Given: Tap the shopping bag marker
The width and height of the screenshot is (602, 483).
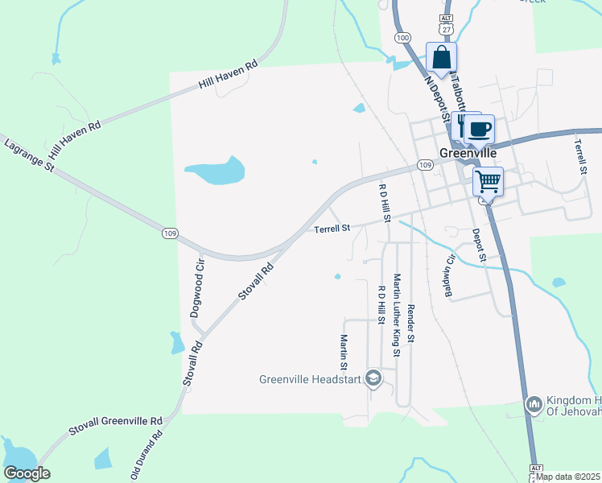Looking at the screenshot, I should click(441, 58).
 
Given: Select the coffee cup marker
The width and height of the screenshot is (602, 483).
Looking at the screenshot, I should click(481, 128).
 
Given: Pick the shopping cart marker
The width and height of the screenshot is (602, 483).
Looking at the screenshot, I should click(488, 181).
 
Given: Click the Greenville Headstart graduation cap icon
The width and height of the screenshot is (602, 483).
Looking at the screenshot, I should click(373, 378).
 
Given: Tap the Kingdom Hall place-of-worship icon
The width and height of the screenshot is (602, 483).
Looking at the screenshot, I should click(534, 405).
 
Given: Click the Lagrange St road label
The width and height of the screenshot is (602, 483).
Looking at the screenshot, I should click(27, 156).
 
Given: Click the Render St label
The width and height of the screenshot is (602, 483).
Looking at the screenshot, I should click(410, 324).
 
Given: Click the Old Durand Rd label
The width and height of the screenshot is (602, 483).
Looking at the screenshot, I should click(146, 455).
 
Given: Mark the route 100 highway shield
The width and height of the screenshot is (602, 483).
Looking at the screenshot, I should click(402, 38).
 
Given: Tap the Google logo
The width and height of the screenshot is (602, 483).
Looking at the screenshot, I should click(27, 473).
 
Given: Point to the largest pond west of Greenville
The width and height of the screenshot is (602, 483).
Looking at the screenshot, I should click(215, 170).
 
